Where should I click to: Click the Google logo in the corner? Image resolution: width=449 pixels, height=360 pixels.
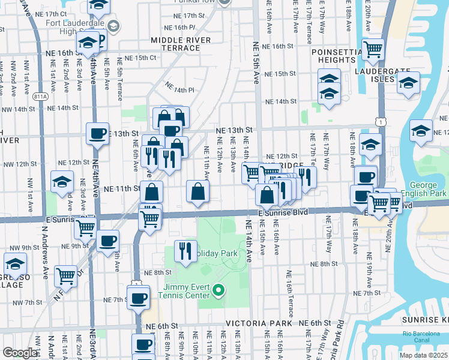pyautogui.click(x=20, y=353)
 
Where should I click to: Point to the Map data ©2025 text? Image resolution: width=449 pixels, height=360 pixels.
pyautogui.click(x=423, y=355)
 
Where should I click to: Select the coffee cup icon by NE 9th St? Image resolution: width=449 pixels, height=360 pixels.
pyautogui.click(x=107, y=241)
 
